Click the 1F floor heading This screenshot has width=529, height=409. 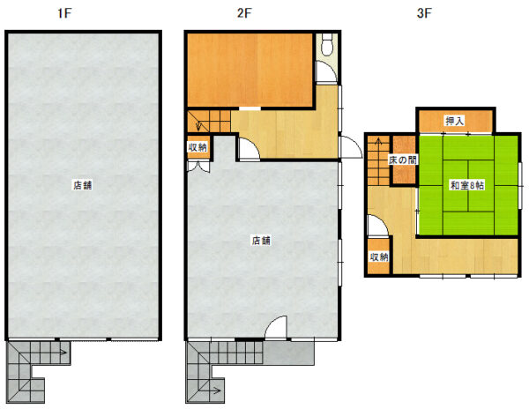64,13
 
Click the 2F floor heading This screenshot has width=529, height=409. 244,13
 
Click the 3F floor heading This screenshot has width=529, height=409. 424,13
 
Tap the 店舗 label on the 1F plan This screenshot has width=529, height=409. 83,185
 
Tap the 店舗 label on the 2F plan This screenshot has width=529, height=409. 261,241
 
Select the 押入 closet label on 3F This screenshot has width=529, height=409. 455,121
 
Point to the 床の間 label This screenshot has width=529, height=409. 403,160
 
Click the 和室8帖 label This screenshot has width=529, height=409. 467,185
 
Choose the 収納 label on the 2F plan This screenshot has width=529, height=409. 197,147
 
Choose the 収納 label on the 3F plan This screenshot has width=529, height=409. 379,257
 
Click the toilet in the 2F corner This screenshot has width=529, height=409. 327,44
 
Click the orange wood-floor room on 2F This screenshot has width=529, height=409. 250,70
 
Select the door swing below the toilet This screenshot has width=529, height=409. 326,71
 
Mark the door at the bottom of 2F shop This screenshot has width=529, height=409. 276,327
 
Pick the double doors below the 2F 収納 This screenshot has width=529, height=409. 198,167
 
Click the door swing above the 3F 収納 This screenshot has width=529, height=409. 378,226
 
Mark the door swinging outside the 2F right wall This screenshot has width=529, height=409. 351,147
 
